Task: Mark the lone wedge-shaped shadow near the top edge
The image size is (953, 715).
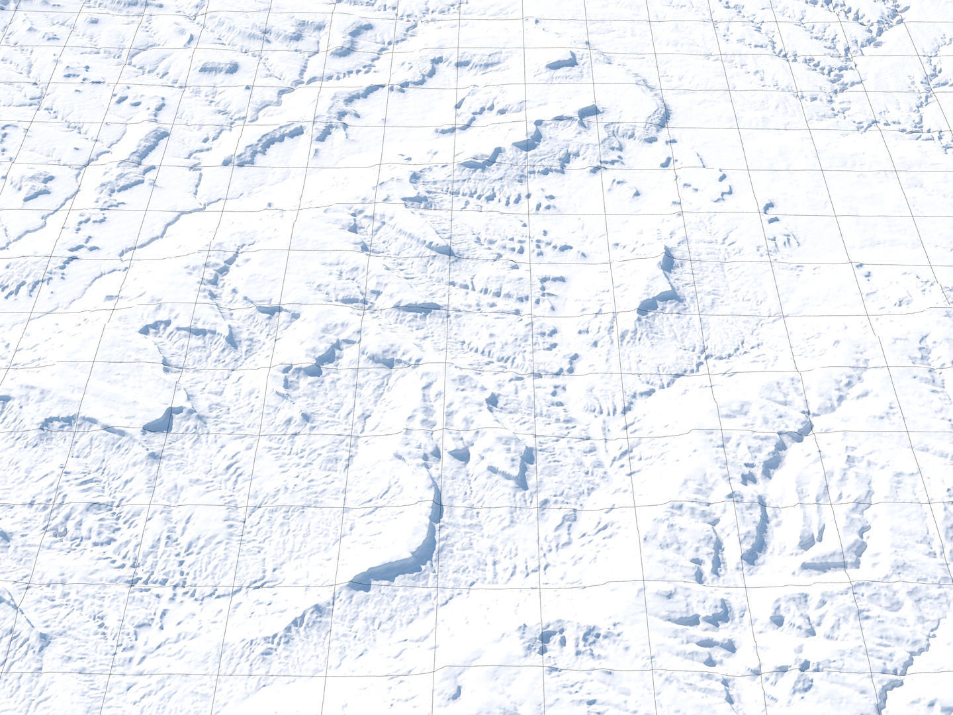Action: [563, 62]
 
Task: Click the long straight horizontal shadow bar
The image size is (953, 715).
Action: [417, 308]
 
